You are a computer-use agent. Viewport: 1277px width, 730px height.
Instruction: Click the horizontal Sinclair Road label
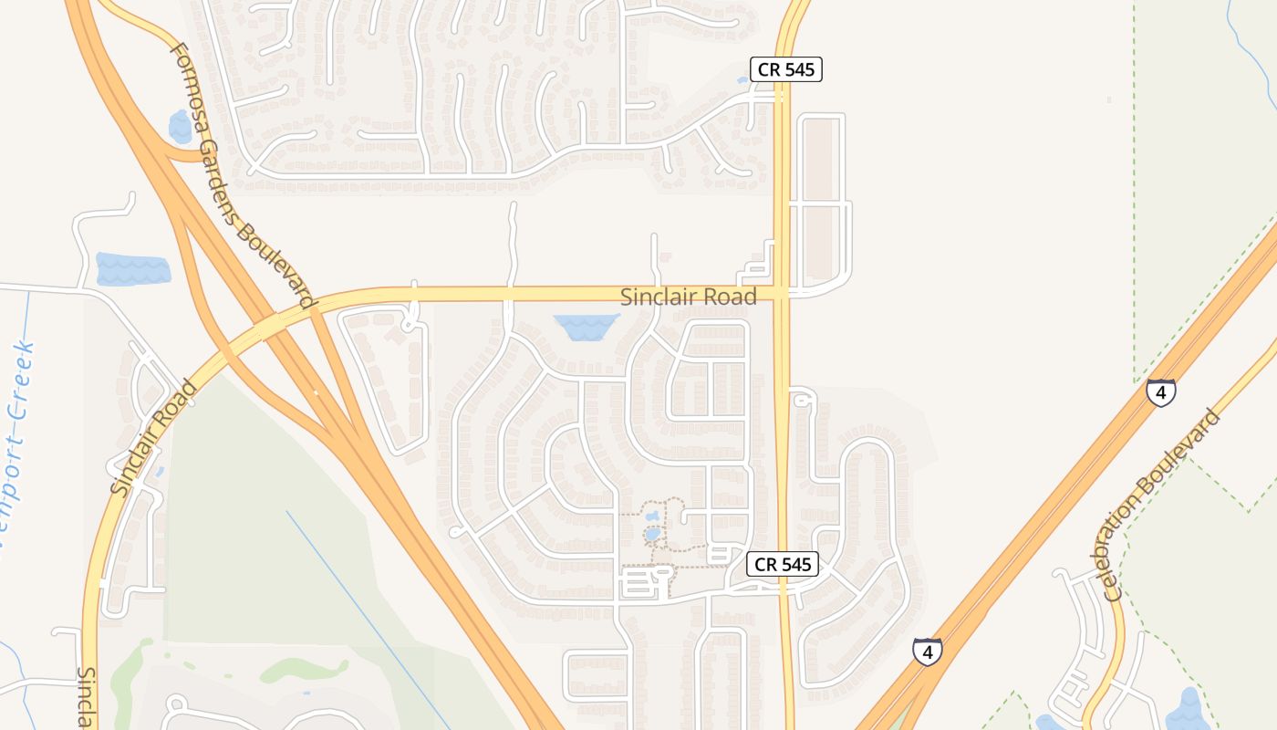[x=688, y=297]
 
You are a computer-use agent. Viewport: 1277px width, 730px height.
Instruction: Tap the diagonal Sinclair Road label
[x=153, y=438]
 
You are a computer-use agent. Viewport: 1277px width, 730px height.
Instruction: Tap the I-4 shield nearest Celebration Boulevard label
[x=1160, y=392]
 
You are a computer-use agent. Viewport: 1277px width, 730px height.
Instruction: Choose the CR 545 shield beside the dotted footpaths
[x=783, y=564]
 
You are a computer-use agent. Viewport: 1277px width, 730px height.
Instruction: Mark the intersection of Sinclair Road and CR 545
[x=782, y=293]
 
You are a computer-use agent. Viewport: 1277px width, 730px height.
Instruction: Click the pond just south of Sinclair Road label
[x=587, y=326]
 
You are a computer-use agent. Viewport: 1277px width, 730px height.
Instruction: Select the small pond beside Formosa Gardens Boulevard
[x=181, y=126]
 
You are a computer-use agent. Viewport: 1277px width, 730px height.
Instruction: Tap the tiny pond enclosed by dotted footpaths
[x=652, y=534]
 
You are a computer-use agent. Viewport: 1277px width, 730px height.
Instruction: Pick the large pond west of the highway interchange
[x=132, y=269]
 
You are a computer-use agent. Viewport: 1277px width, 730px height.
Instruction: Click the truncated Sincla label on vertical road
[x=85, y=697]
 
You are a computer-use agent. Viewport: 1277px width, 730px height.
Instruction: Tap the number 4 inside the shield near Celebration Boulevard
[x=1160, y=393]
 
